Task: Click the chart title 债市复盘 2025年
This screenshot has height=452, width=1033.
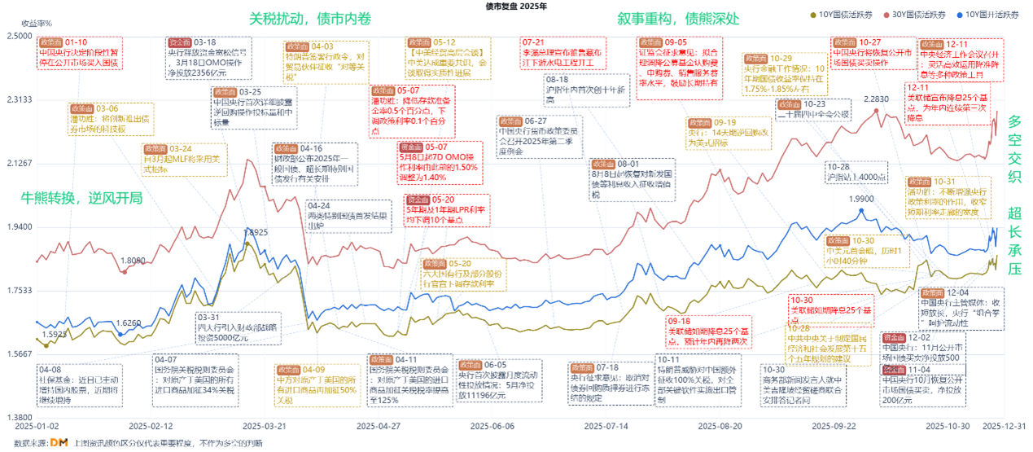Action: click(516, 6)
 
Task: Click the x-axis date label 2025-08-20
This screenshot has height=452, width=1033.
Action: click(719, 426)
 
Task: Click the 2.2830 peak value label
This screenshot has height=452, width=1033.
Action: click(877, 99)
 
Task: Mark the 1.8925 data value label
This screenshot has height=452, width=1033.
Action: click(256, 232)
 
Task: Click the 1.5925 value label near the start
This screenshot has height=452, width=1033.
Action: click(54, 334)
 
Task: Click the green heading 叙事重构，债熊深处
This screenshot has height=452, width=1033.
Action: click(678, 18)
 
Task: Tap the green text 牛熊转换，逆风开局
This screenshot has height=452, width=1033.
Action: click(81, 198)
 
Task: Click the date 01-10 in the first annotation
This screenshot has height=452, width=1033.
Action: click(76, 42)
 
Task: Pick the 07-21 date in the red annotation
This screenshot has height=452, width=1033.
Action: click(533, 42)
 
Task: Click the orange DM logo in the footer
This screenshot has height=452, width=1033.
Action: click(58, 442)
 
